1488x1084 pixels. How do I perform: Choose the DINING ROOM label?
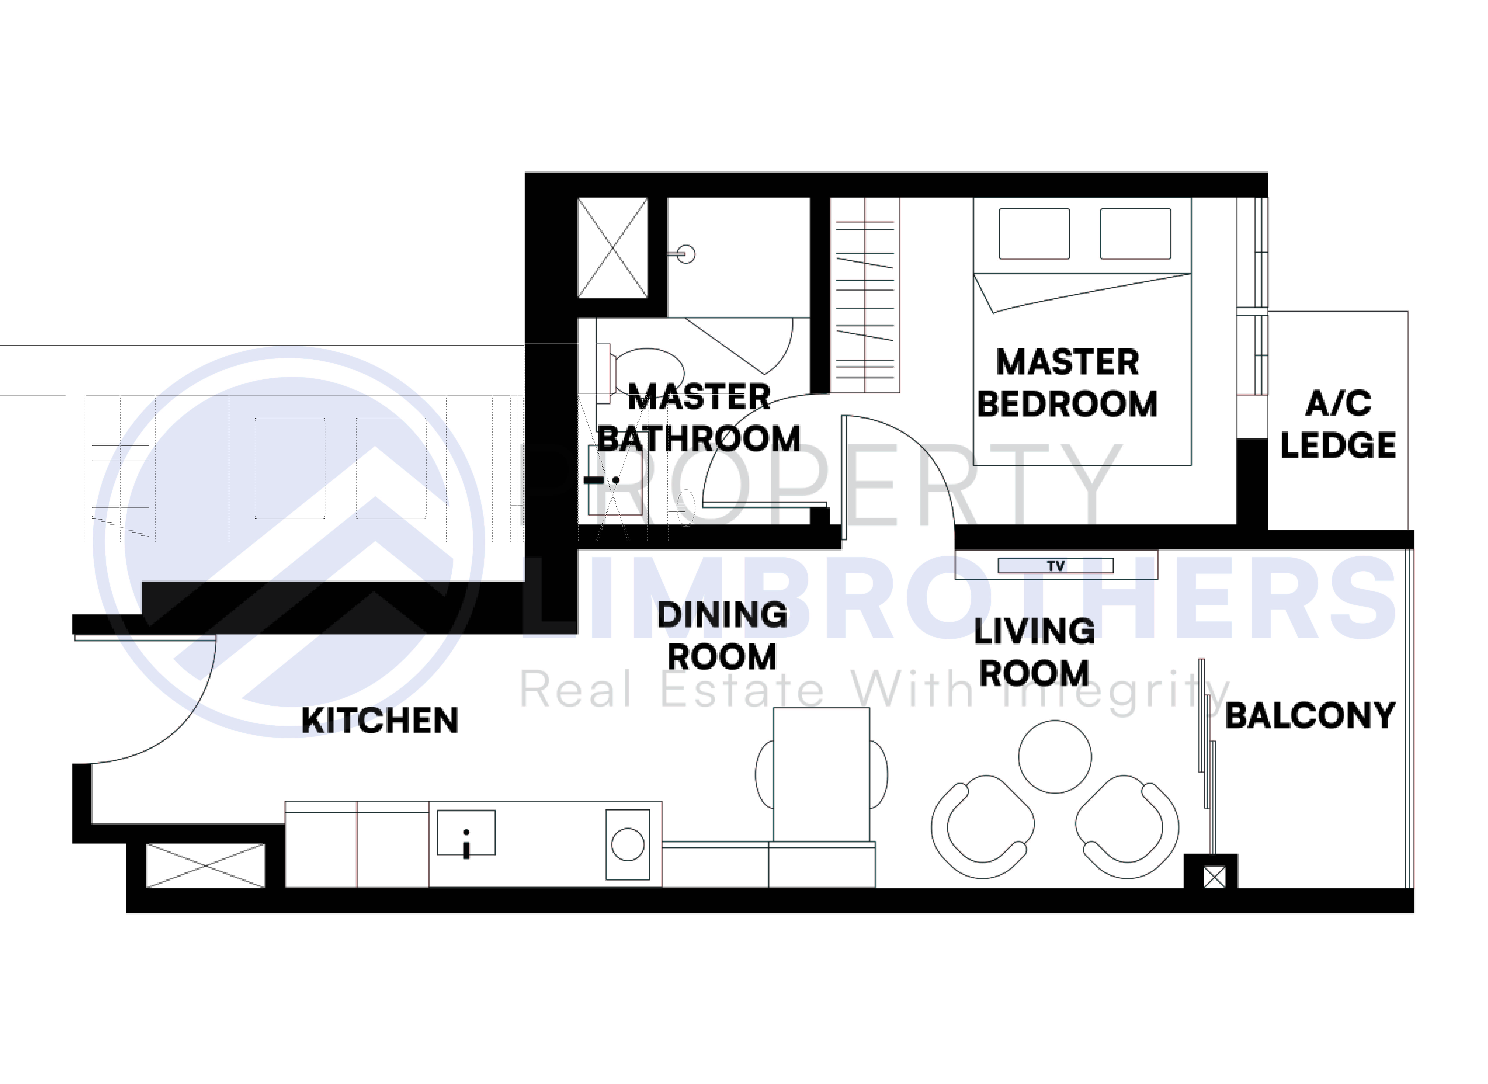coord(722,636)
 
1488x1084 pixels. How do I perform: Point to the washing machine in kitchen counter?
coord(627,844)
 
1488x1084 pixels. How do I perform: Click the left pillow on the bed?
coord(1034,234)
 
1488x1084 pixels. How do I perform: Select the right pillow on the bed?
coord(1135,234)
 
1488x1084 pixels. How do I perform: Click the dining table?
coord(821,774)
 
